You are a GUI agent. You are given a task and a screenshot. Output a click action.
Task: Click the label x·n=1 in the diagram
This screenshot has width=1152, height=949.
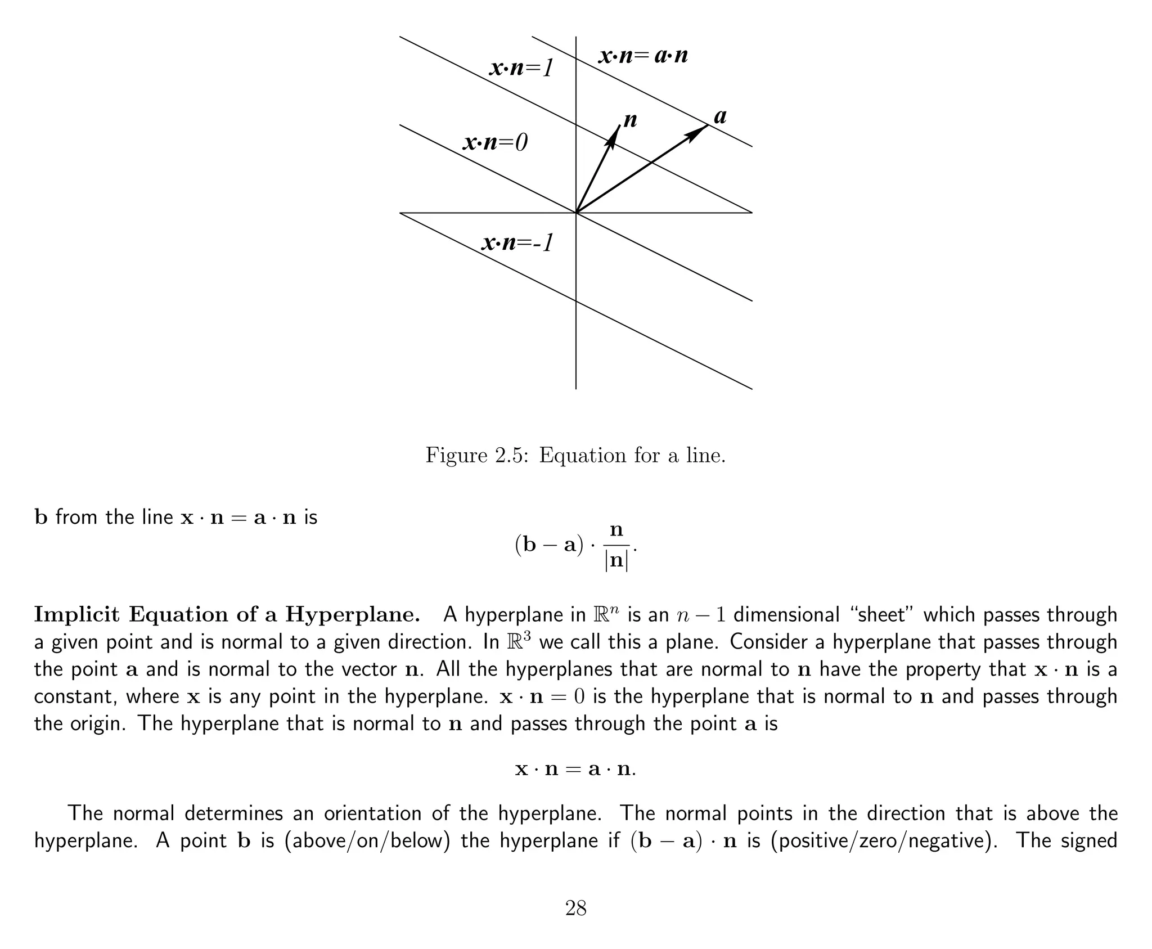point(522,69)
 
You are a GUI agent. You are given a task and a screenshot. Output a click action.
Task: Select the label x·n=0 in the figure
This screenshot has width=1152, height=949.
point(496,143)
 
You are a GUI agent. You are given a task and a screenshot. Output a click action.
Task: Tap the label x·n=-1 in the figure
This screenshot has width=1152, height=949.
point(518,242)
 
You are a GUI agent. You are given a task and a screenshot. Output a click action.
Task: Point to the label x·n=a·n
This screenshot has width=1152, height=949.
point(643,56)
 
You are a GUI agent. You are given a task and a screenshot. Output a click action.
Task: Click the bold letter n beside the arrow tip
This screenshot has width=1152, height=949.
point(630,120)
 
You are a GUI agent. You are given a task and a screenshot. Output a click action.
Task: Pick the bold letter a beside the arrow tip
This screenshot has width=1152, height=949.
point(720,116)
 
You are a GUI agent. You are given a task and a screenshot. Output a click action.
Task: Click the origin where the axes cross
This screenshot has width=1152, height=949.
point(576,213)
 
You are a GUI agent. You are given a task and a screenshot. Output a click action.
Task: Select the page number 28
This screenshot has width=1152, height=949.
point(576,908)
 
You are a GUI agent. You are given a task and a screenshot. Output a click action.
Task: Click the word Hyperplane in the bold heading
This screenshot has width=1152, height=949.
point(353,615)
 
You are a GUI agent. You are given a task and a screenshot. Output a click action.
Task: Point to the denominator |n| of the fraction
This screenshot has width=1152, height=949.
point(616,561)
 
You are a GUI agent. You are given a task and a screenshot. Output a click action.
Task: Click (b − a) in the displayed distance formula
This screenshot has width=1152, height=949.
point(550,547)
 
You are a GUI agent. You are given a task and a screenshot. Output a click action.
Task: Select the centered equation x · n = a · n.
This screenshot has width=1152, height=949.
point(575,768)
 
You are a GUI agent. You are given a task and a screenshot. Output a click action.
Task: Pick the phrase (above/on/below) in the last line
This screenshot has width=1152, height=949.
point(368,840)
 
